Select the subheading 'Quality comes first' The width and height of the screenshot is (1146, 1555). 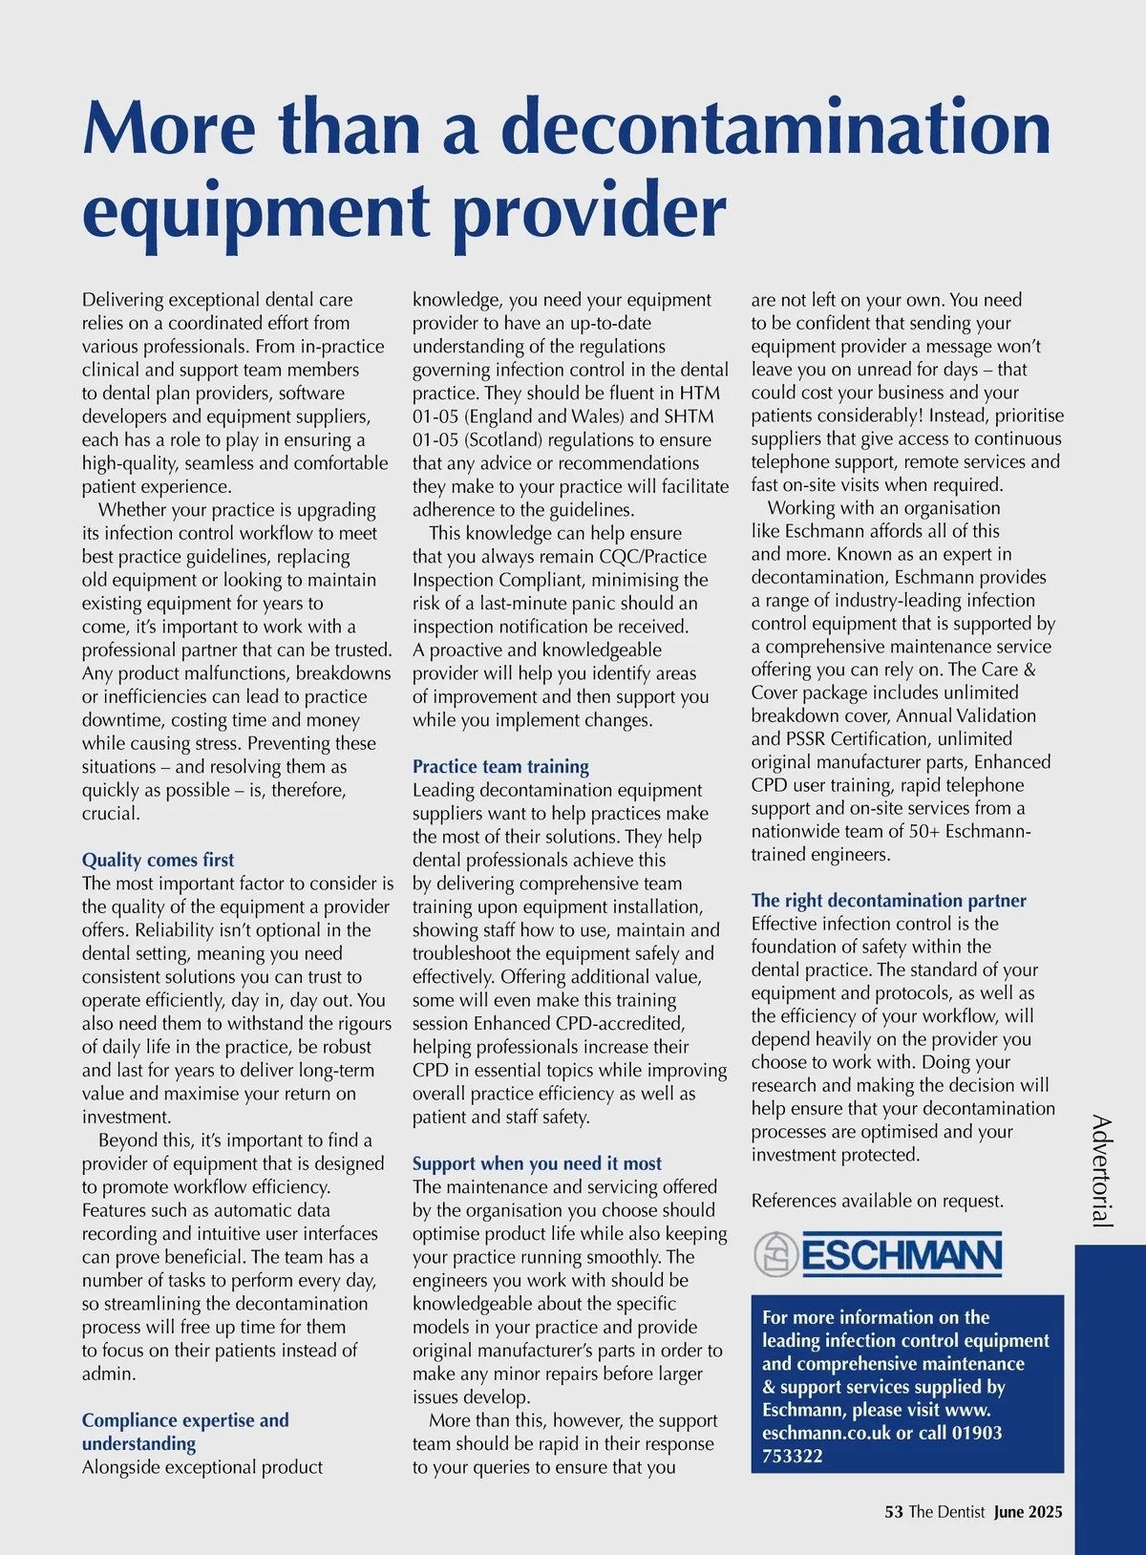coord(158,860)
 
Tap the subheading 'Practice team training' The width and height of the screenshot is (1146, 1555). coord(500,766)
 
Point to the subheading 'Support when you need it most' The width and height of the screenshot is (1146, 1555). coord(537,1163)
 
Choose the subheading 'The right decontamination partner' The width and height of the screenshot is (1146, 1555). coord(888,900)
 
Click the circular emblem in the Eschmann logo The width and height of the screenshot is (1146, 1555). coord(775,1254)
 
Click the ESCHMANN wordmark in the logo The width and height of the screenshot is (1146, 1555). coord(902,1255)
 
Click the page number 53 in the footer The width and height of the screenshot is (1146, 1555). coord(894,1512)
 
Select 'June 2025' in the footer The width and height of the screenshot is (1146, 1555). coord(1028,1512)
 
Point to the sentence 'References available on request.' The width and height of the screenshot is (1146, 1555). coord(877,1201)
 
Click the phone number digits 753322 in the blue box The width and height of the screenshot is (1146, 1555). coord(793,1457)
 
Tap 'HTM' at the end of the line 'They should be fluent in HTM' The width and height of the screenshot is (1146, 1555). coord(700,393)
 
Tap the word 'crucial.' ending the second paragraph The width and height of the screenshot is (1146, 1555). coord(111,813)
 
